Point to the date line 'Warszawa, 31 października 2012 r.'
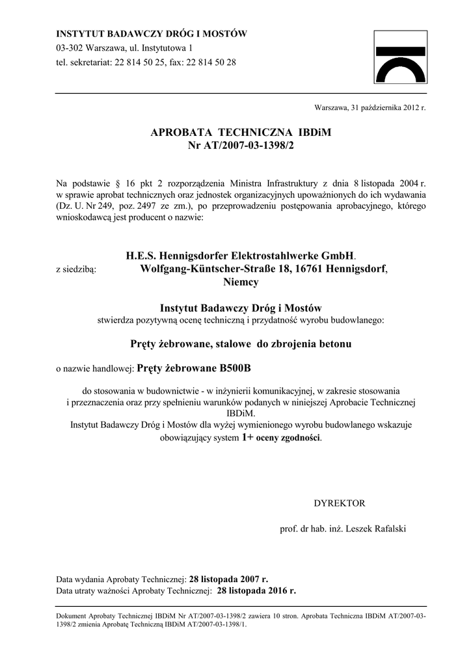click(370, 107)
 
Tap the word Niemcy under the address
click(241, 282)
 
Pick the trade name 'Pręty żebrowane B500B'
click(195, 368)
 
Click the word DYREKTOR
click(340, 503)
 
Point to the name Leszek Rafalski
click(377, 529)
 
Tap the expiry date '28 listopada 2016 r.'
click(256, 591)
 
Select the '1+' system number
click(247, 438)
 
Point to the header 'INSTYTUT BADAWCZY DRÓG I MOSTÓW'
click(152, 34)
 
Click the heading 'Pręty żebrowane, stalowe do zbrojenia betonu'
click(241, 343)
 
